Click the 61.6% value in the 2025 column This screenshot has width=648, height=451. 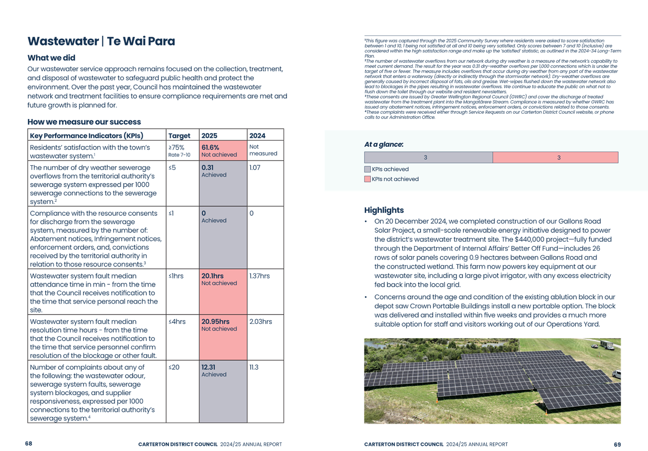point(210,147)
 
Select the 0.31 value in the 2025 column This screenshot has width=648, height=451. point(207,168)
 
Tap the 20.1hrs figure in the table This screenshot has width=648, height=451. point(212,276)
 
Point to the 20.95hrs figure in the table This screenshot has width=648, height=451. point(215,322)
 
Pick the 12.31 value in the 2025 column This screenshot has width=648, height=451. point(208,367)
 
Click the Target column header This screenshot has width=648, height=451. point(179,136)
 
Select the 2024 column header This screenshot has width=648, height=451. point(257,136)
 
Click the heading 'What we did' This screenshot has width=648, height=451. point(51,58)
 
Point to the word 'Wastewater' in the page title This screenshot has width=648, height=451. point(63,42)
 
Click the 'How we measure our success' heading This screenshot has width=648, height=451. point(84,122)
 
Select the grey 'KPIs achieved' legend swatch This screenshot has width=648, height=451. point(367,169)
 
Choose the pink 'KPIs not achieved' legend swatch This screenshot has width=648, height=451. point(367,179)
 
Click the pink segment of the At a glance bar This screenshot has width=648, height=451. point(555,157)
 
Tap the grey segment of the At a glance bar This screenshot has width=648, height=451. point(428,157)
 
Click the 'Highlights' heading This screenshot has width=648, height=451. point(384,210)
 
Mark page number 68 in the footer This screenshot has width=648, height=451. point(28,443)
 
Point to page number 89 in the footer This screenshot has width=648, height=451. point(617,444)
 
